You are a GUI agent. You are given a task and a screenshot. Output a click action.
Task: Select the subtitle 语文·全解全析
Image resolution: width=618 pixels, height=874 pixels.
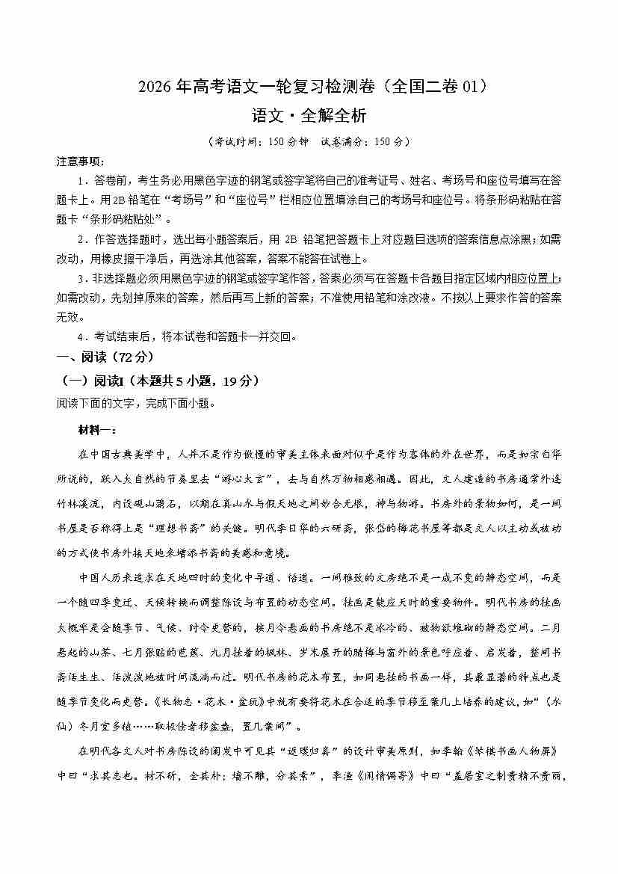coord(309,116)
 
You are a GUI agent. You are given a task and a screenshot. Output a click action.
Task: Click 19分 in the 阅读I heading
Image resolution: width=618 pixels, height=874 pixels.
coord(238,381)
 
